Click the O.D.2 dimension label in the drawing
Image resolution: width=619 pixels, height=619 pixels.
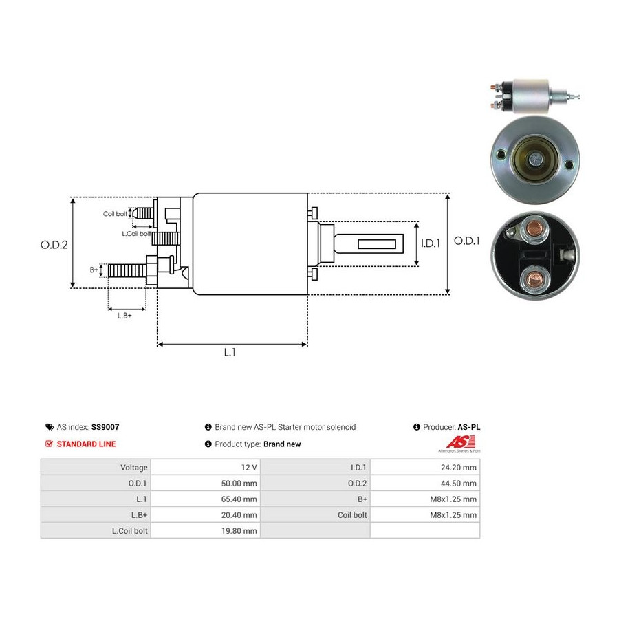(x=54, y=245)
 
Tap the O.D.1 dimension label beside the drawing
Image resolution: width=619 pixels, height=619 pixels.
(x=466, y=241)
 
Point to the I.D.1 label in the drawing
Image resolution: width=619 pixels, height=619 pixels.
(x=431, y=243)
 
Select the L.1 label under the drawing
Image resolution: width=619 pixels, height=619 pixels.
(x=230, y=352)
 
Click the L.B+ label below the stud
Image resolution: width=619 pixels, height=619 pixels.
(x=124, y=316)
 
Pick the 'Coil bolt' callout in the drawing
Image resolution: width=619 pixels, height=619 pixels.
(x=116, y=214)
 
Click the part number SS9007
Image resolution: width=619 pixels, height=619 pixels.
(x=105, y=427)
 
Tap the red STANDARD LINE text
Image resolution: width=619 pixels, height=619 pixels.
(x=86, y=444)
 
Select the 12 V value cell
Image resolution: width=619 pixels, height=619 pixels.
(x=206, y=468)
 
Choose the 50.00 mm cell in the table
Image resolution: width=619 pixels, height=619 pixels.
(x=206, y=484)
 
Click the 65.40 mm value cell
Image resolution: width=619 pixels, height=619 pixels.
(x=206, y=499)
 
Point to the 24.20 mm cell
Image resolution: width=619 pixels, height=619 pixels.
(x=425, y=468)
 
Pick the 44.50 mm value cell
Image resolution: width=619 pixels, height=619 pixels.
(x=425, y=484)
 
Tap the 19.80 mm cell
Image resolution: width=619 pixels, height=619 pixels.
(x=206, y=530)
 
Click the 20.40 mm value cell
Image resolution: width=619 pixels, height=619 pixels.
(x=206, y=514)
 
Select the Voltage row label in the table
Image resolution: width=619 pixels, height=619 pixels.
(x=134, y=468)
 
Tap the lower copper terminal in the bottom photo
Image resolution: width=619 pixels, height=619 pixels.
(x=535, y=279)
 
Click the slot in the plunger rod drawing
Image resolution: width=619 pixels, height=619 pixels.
(x=377, y=243)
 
